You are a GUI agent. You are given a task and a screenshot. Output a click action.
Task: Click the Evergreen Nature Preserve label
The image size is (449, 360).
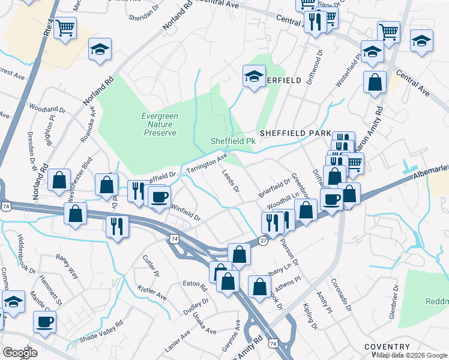159,124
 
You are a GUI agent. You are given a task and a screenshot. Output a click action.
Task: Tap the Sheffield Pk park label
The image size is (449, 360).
234,141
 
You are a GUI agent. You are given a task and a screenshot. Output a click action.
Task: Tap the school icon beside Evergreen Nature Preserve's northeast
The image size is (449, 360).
254,76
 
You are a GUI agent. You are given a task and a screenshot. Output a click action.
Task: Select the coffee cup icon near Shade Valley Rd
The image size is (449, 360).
44,322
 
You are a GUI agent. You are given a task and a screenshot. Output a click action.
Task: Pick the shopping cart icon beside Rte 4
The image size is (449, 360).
65,27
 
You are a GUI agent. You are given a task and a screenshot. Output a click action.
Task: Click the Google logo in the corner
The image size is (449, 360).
20,352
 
